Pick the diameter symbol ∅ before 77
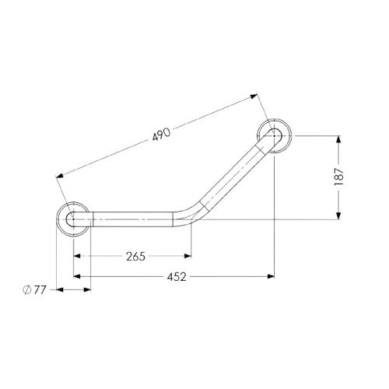point(26,290)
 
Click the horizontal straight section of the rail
point(132,219)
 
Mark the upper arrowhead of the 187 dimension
point(338,140)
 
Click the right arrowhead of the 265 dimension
point(187,256)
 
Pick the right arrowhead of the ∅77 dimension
point(88,290)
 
